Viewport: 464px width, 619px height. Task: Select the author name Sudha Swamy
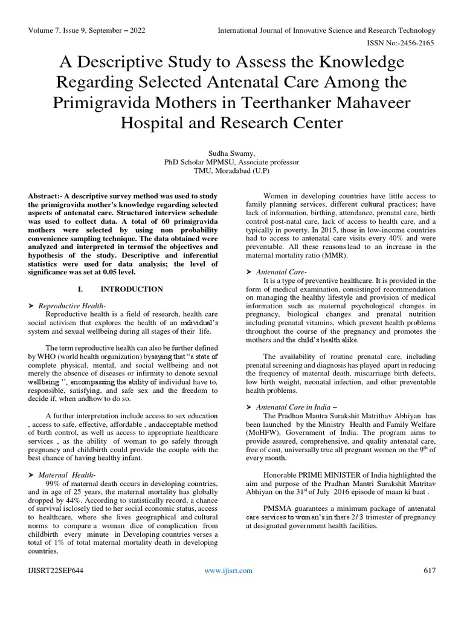pyautogui.click(x=231, y=153)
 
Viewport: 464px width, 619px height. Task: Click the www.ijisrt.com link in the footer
pyautogui.click(x=228, y=571)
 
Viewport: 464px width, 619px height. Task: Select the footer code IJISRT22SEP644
pyautogui.click(x=55, y=571)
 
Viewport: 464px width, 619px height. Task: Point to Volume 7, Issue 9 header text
pyautogui.click(x=87, y=30)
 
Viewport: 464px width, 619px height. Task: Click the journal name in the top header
pyautogui.click(x=326, y=30)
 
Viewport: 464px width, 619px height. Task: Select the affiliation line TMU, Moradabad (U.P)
pyautogui.click(x=231, y=171)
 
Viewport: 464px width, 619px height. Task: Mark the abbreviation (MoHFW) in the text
pyautogui.click(x=275, y=433)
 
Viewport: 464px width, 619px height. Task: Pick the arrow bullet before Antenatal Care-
pyautogui.click(x=250, y=271)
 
